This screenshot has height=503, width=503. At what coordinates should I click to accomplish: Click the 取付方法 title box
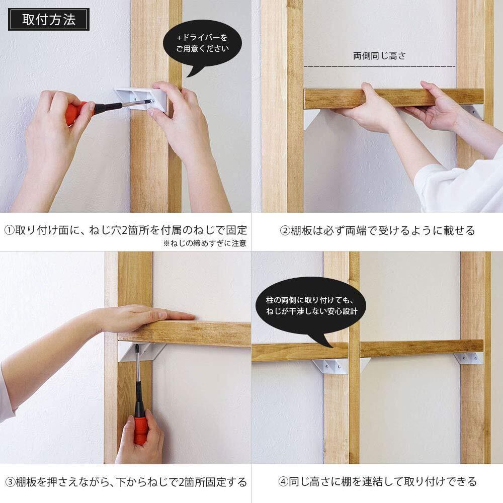[x=48, y=20]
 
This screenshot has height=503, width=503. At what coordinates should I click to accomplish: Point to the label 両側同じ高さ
[x=379, y=56]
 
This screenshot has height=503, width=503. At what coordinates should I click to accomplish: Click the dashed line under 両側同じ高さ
[x=379, y=66]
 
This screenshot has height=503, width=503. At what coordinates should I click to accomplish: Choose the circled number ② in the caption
[x=285, y=231]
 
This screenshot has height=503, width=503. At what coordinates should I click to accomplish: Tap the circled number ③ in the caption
[x=10, y=482]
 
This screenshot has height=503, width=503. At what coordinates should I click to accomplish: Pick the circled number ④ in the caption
[x=283, y=481]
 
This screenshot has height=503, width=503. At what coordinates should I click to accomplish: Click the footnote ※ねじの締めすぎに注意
[x=205, y=243]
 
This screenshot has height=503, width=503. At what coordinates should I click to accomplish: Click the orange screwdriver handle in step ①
[x=76, y=112]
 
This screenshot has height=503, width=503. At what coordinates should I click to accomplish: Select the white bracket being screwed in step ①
[x=140, y=99]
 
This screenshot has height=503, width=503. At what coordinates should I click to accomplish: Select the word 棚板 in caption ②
[x=301, y=231]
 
